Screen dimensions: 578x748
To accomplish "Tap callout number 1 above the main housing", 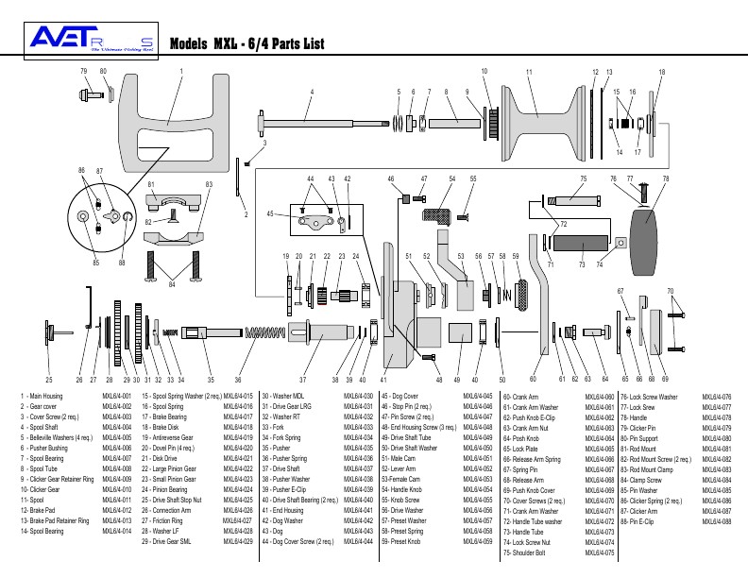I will [x=180, y=71].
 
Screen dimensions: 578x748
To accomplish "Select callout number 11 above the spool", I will [x=529, y=73].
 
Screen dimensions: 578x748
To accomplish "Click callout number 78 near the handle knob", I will [x=666, y=178].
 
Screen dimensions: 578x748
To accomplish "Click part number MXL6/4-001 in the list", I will [x=116, y=396].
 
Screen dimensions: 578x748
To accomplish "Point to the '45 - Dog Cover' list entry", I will [x=399, y=396].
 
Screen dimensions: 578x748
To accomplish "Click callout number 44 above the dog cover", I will [x=310, y=178].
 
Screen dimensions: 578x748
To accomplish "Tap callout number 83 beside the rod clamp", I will [x=209, y=183].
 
